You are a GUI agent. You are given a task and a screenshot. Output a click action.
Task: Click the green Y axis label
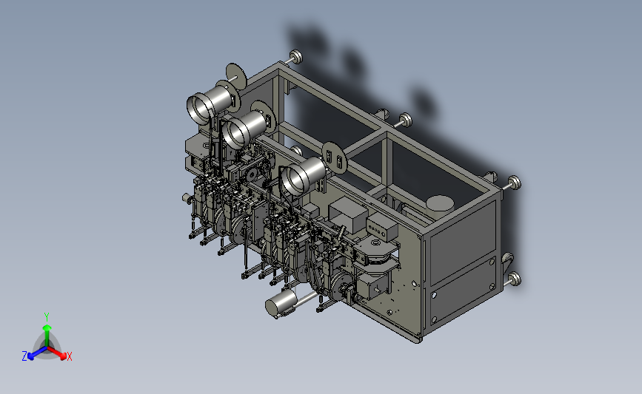tap(47, 317)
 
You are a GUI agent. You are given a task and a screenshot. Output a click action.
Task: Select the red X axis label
tap(69, 356)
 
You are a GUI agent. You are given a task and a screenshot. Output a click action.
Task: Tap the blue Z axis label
tap(24, 356)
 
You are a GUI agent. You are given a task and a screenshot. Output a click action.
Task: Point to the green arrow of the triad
tap(47, 335)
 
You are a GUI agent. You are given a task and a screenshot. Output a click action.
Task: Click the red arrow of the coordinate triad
tap(56, 353)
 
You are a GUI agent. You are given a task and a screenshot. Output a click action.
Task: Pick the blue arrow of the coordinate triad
tap(37, 353)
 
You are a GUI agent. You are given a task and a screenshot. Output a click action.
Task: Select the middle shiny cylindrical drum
tap(244, 129)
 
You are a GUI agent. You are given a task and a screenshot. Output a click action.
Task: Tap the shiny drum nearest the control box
tap(302, 176)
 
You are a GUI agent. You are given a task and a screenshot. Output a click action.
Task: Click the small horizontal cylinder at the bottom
tap(281, 304)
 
